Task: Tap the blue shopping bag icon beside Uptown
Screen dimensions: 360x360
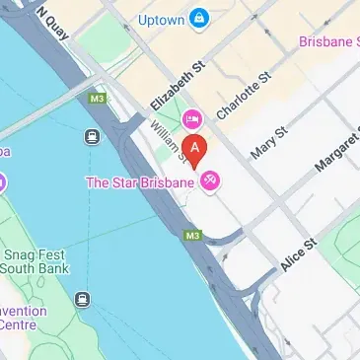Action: pyautogui.click(x=200, y=18)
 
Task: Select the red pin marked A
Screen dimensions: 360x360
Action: pyautogui.click(x=196, y=151)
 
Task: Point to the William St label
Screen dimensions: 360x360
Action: pyautogui.click(x=161, y=139)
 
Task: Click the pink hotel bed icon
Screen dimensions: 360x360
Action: pyautogui.click(x=191, y=118)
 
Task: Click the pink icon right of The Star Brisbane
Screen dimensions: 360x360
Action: pyautogui.click(x=209, y=181)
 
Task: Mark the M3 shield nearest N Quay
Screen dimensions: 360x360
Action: pyautogui.click(x=97, y=99)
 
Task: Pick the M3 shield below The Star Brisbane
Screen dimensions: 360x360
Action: pyautogui.click(x=192, y=236)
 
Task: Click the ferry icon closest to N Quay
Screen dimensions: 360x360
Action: pyautogui.click(x=93, y=140)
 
